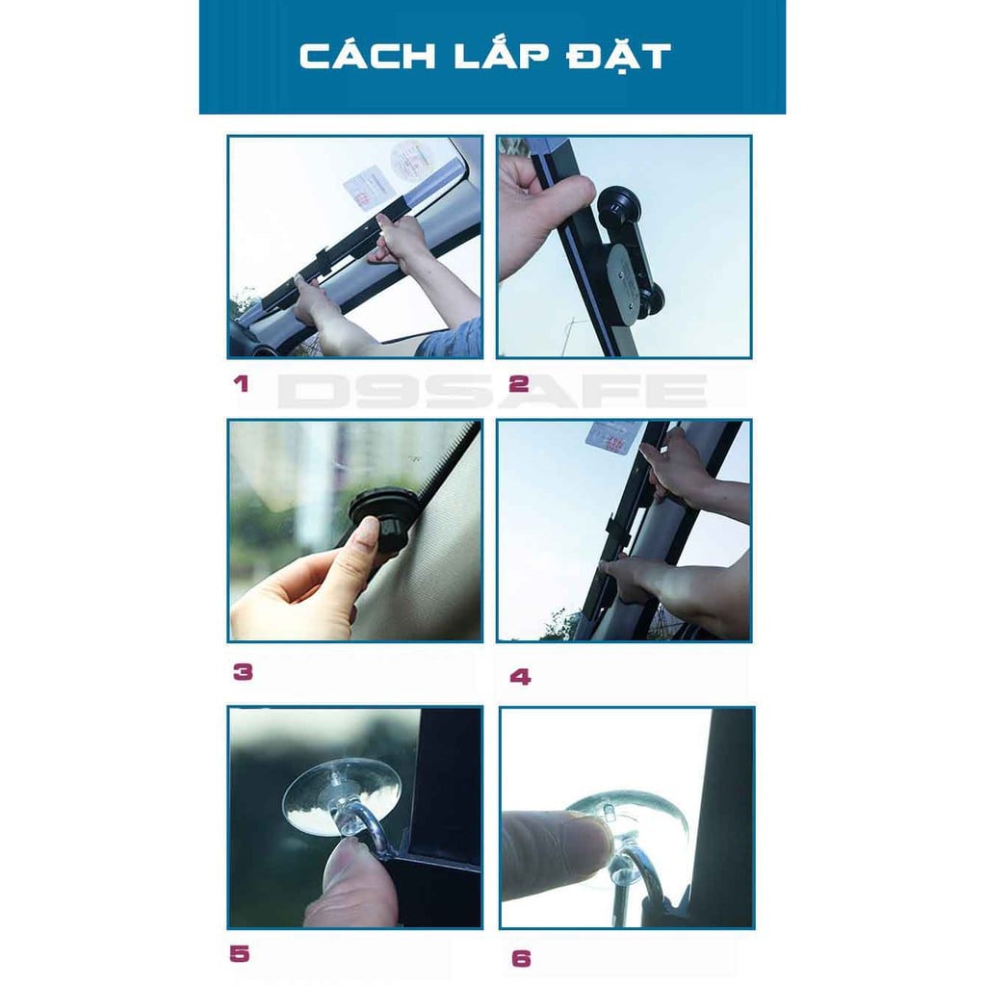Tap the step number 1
tap(241, 383)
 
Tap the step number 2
tap(519, 383)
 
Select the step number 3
tap(243, 671)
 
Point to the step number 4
tap(520, 677)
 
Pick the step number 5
tap(240, 954)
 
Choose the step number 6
tap(521, 958)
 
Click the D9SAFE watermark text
tap(492, 392)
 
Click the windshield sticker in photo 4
tap(613, 436)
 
